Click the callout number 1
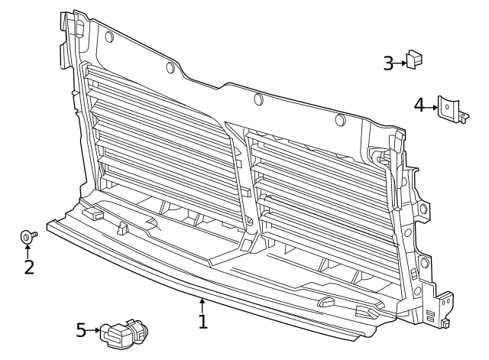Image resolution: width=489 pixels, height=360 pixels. coord(202,322)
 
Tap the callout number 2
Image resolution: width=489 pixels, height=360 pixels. coord(28,267)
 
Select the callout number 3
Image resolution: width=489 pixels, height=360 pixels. coord(388,63)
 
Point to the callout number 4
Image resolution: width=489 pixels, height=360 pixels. coord(419,105)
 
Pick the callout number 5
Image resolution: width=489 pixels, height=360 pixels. coord(81,330)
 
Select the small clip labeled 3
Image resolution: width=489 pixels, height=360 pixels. coord(413,59)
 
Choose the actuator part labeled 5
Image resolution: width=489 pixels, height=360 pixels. coord(125,333)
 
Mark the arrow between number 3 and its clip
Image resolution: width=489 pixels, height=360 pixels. coord(401,63)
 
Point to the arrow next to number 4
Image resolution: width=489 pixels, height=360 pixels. coord(431,105)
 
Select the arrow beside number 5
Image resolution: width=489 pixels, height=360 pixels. coord(95,330)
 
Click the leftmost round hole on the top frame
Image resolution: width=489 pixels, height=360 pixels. coord(108,37)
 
